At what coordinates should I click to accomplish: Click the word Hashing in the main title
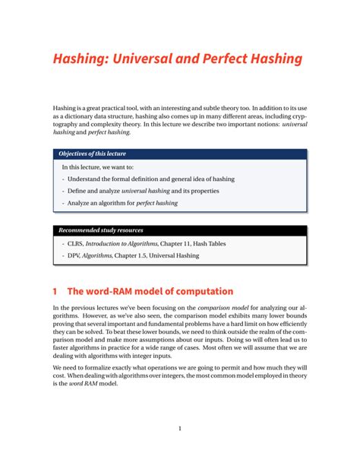79,59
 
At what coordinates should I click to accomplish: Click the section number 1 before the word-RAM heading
55,291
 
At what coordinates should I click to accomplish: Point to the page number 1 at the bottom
179,428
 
